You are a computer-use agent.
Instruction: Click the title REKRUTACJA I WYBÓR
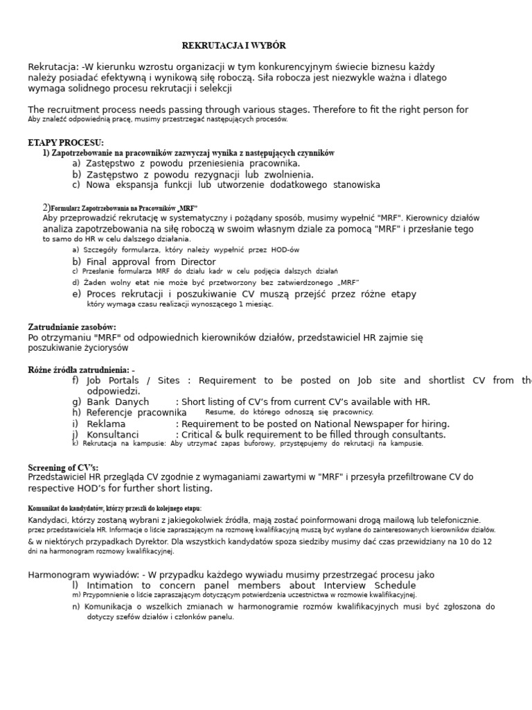click(233, 46)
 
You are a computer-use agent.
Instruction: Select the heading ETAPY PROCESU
click(66, 143)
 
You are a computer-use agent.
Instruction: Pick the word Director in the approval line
click(199, 261)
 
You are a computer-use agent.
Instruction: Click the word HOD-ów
click(285, 250)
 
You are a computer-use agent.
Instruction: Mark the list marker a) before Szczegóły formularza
click(76, 250)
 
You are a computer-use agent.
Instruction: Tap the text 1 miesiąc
click(256, 304)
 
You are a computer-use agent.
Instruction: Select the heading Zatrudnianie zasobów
click(72, 327)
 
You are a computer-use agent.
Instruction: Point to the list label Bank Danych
click(118, 401)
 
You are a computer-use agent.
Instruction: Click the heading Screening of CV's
click(63, 467)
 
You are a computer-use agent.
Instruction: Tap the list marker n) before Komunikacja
click(76, 607)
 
